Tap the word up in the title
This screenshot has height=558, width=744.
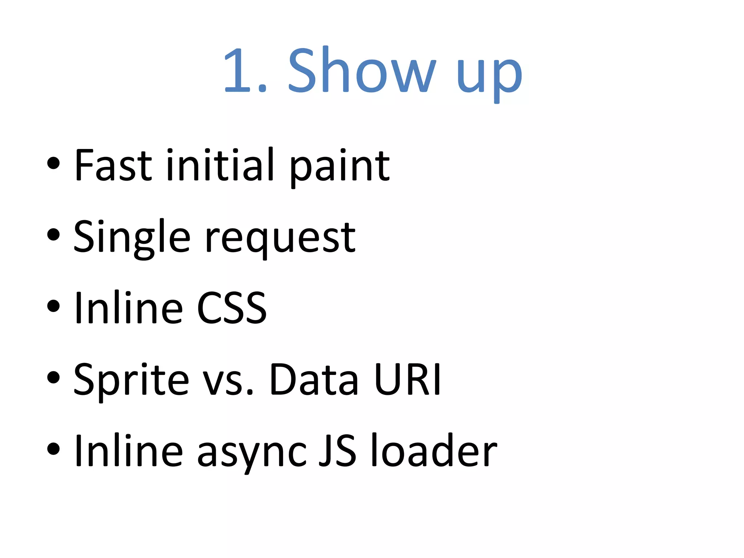point(489,74)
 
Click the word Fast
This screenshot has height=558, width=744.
point(113,165)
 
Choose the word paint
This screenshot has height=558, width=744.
point(340,167)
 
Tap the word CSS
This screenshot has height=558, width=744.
point(232,308)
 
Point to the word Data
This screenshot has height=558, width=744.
point(314,380)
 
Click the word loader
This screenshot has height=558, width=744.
point(434,450)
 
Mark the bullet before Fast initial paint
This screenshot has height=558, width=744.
point(53,163)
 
